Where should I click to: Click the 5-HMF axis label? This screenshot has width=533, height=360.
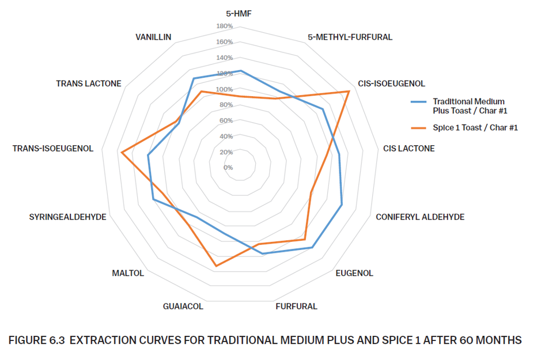tap(239, 13)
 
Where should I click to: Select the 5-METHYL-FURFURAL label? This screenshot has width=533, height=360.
tap(350, 37)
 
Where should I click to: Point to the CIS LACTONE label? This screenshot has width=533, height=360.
tap(409, 149)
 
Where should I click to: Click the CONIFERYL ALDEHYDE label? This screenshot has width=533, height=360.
tap(420, 217)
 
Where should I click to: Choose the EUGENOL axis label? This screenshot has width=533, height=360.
tap(354, 273)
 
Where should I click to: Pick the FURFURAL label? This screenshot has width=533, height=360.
tap(296, 306)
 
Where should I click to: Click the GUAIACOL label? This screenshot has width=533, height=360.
tap(183, 306)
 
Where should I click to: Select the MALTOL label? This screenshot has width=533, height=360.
tap(128, 273)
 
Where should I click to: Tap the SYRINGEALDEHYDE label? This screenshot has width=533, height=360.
tap(67, 217)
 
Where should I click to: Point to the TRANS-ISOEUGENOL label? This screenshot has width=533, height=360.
tap(53, 149)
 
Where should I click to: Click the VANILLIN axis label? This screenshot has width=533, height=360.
tap(153, 37)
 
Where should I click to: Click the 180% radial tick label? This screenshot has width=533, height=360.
tap(225, 26)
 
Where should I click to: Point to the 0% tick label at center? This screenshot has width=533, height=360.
tap(228, 168)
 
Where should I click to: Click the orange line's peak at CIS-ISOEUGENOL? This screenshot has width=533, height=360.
tap(349, 91)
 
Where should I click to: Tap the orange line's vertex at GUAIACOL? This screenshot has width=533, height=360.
tap(216, 266)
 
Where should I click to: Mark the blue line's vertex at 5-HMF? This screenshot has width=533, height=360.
tap(241, 71)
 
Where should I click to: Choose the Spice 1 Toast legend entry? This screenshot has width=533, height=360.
tap(475, 128)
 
